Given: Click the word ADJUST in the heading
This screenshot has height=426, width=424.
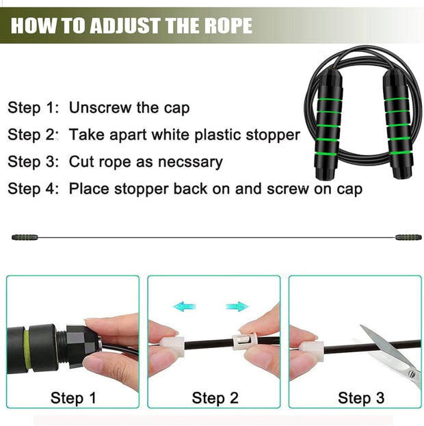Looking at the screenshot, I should coord(125,25).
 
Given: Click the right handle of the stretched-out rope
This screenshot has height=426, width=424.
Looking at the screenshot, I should coord(408,237).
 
